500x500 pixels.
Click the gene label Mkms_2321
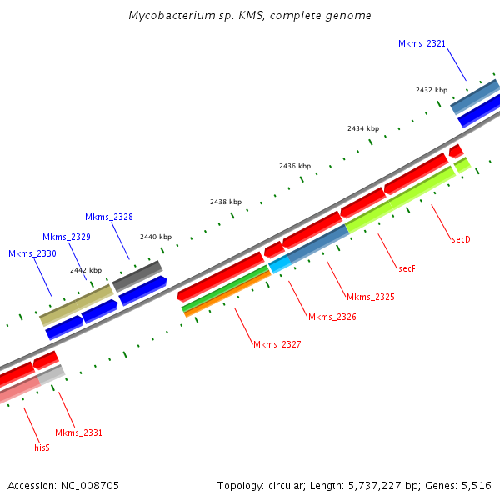pos(422,43)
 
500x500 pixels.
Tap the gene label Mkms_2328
pos(109,217)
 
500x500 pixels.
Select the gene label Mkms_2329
pos(67,237)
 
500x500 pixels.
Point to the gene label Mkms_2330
pos(32,253)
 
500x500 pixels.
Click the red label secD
pos(461,239)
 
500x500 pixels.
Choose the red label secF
pos(407,268)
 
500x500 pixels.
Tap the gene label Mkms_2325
pos(370,297)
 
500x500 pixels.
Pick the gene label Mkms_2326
pos(332,317)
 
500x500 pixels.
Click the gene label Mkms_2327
pos(277,344)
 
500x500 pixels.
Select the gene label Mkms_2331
pos(79,432)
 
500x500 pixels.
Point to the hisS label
pos(42,447)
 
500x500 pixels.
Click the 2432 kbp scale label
pos(432,90)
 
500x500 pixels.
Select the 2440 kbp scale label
pos(156,237)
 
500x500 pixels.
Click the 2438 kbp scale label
pos(226,202)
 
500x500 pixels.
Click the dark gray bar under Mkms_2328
pos(137,275)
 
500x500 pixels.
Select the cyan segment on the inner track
pos(279,264)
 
